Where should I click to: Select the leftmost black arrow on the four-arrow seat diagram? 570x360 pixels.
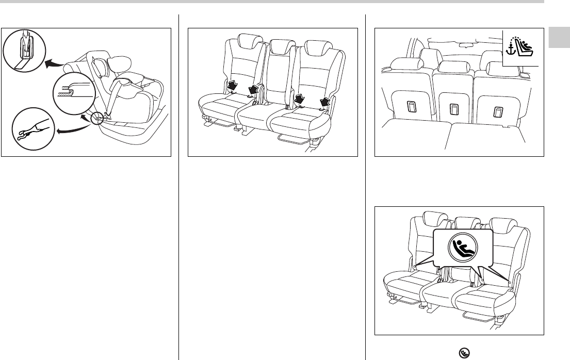pos(233,84)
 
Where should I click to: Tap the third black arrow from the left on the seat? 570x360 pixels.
pos(300,96)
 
